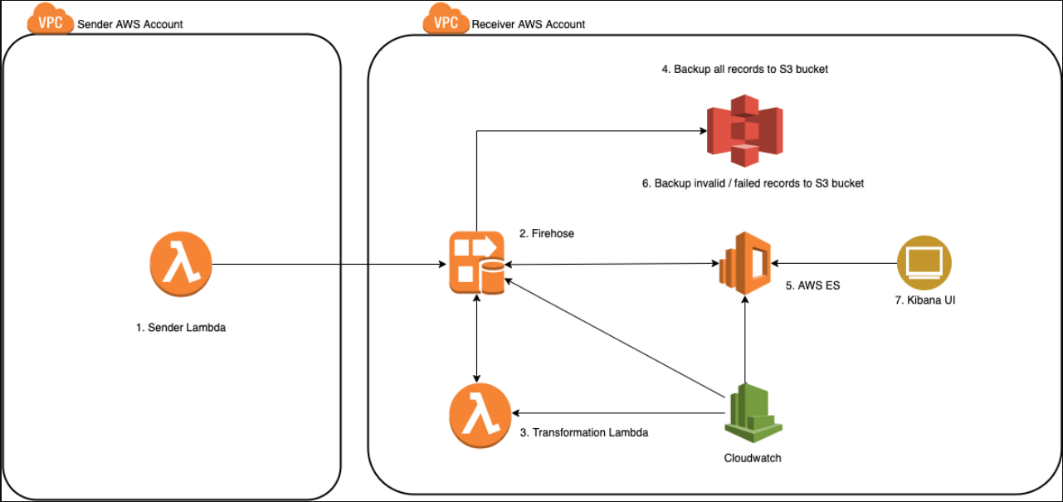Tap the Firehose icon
pyautogui.click(x=476, y=263)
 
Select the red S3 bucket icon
pyautogui.click(x=744, y=130)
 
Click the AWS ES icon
pyautogui.click(x=744, y=264)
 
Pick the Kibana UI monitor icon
pyautogui.click(x=924, y=262)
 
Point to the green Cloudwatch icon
pyautogui.click(x=753, y=415)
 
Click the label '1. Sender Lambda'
pyautogui.click(x=181, y=328)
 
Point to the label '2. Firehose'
pyautogui.click(x=546, y=234)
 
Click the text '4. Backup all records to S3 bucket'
pyautogui.click(x=744, y=70)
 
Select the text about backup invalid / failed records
pyautogui.click(x=753, y=183)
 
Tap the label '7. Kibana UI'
pyautogui.click(x=924, y=300)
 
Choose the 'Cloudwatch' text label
pyautogui.click(x=753, y=458)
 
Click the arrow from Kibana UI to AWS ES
pyautogui.click(x=834, y=263)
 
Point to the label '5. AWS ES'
pyautogui.click(x=812, y=285)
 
